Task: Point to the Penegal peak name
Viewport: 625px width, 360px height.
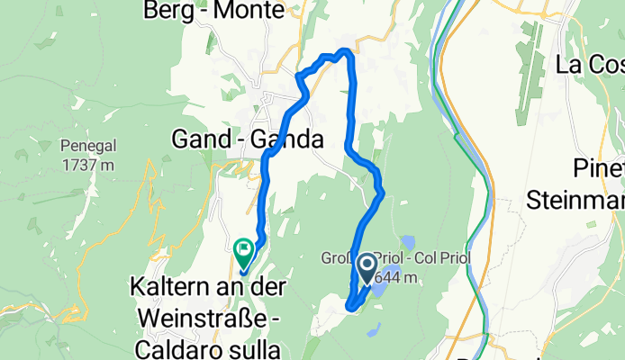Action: (86, 148)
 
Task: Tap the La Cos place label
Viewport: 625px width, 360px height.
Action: (590, 64)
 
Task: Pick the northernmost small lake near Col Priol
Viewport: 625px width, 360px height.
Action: (408, 240)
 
